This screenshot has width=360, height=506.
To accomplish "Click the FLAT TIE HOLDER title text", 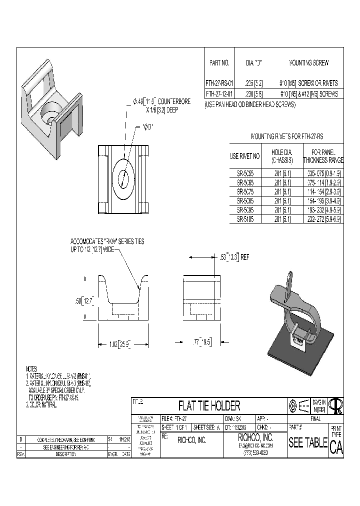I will [209, 405].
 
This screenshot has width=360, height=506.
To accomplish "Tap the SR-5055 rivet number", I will [244, 172].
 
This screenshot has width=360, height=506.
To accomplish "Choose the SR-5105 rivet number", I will [244, 218].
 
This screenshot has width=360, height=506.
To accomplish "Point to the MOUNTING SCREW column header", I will [309, 63].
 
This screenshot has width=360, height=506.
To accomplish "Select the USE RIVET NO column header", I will [244, 156].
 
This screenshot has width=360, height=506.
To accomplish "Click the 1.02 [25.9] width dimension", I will [120, 344].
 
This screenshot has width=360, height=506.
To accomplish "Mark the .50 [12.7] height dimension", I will [83, 301].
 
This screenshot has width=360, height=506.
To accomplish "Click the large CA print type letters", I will [336, 448].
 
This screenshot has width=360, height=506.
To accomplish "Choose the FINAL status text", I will [315, 419].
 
